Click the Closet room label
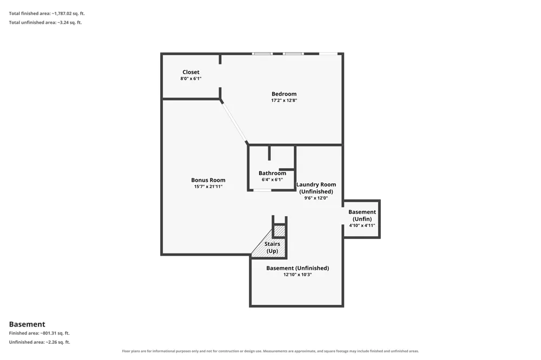(191, 72)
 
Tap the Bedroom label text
(284, 94)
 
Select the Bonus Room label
(208, 180)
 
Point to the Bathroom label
(272, 173)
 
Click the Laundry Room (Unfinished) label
(316, 188)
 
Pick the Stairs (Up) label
(272, 247)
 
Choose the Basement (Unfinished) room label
(298, 268)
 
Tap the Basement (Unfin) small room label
(362, 216)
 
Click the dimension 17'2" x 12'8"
(284, 101)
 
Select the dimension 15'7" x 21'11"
(208, 186)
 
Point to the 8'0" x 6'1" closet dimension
(191, 78)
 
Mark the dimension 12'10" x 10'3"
(298, 275)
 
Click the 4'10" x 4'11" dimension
(362, 225)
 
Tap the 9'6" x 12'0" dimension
(316, 198)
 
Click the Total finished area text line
(47, 14)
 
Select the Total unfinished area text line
(45, 22)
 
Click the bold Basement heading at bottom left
(27, 324)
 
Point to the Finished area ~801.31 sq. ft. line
(39, 333)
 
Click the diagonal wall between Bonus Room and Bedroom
(234, 122)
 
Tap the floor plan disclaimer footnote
(270, 351)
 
